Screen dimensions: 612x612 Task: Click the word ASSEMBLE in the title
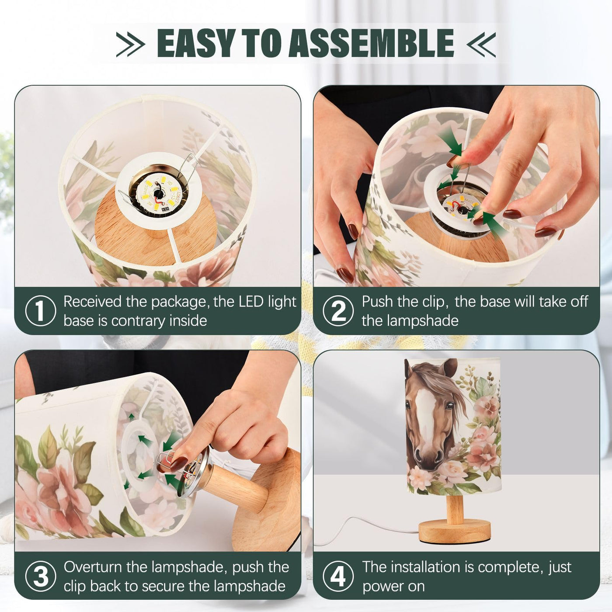[371, 43]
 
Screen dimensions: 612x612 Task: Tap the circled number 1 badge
[40, 311]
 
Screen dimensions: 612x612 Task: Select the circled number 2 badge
[338, 311]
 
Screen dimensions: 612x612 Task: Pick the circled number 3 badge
[40, 577]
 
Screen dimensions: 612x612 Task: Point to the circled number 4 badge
[338, 577]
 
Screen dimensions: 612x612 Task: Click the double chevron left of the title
[130, 44]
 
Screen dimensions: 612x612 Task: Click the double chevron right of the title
[481, 44]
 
